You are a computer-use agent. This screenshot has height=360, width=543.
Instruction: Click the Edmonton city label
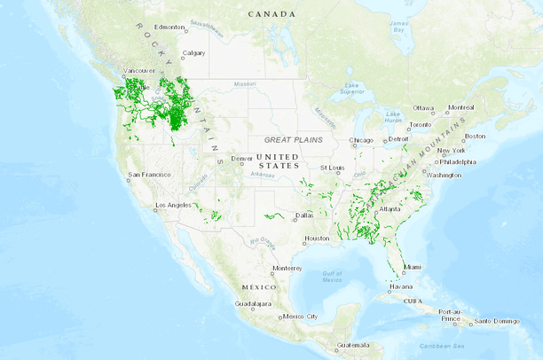tap(169, 27)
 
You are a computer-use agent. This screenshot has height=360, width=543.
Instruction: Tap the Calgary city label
tap(193, 53)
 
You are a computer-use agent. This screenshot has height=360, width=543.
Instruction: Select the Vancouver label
tap(139, 70)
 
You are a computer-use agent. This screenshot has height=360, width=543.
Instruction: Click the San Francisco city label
tap(149, 175)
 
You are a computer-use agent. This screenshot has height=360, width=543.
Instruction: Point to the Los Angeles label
tap(173, 206)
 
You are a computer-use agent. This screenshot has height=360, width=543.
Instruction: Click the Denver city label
tap(242, 159)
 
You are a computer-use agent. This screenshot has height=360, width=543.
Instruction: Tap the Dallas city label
tap(304, 215)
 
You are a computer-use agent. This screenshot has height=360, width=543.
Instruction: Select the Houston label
tap(317, 239)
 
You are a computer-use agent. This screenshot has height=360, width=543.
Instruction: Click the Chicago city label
tap(362, 140)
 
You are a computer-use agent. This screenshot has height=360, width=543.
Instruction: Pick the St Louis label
tap(332, 168)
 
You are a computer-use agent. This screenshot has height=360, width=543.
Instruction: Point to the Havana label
tap(401, 286)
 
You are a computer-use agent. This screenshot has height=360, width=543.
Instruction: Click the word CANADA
tap(271, 14)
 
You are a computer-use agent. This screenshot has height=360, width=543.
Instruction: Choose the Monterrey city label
tap(287, 268)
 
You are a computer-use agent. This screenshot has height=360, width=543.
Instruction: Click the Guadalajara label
tap(235, 303)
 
